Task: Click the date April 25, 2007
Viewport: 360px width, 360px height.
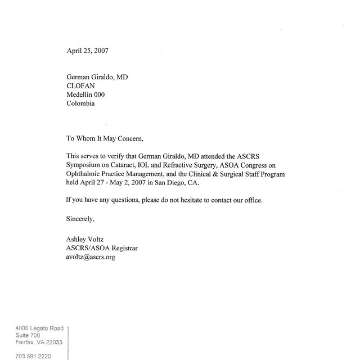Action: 87,51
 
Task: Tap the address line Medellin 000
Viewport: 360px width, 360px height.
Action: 85,95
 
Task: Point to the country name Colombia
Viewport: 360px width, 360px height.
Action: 80,103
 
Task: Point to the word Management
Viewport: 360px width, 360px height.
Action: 159,174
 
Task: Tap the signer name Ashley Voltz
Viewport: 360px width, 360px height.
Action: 85,239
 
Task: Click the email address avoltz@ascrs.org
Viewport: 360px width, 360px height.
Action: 91,256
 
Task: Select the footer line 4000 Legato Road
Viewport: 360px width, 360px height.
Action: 39,328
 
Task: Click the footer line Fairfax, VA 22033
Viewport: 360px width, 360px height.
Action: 39,342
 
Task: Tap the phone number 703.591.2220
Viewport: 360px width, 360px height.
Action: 32,356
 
